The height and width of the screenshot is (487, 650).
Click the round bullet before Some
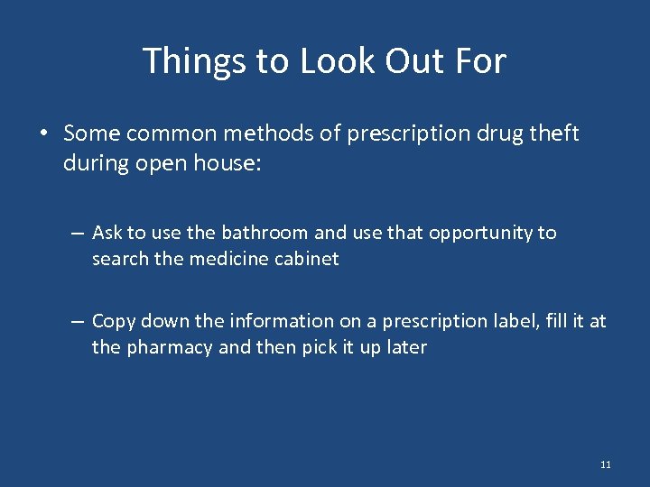pyautogui.click(x=43, y=134)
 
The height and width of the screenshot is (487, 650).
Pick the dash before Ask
pyautogui.click(x=79, y=233)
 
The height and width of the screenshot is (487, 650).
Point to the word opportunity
pyautogui.click(x=480, y=233)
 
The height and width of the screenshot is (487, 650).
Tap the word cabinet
pyautogui.click(x=309, y=259)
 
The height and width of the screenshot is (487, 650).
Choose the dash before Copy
pyautogui.click(x=79, y=321)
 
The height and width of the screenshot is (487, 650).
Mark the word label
pyautogui.click(x=520, y=321)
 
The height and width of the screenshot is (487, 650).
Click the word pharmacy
pyautogui.click(x=170, y=347)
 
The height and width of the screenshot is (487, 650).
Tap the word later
pyautogui.click(x=405, y=347)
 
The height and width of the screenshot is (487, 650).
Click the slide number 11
pyautogui.click(x=605, y=464)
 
